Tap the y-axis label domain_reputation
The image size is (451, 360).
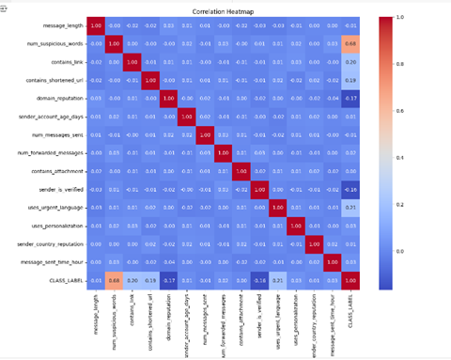[x=60, y=97]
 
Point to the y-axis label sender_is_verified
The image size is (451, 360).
[x=61, y=189]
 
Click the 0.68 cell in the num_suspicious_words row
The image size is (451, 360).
[x=350, y=43]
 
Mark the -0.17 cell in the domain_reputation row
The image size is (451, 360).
[x=350, y=97]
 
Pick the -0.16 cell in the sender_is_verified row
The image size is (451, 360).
[x=350, y=189]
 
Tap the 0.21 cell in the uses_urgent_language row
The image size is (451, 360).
[x=350, y=207]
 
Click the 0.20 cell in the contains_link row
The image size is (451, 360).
[x=350, y=61]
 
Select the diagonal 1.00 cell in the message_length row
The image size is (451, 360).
[x=95, y=24]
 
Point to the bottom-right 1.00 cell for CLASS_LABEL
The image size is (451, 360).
[x=350, y=279]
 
